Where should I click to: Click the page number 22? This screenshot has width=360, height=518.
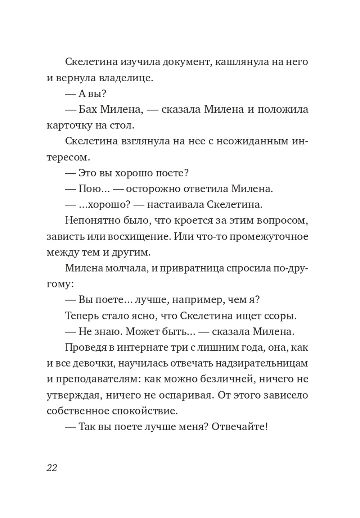pos(52,468)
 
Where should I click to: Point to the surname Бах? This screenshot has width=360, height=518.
pos(88,109)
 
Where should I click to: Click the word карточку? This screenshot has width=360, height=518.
pos(68,125)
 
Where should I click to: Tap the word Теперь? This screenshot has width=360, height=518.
pos(84,316)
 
